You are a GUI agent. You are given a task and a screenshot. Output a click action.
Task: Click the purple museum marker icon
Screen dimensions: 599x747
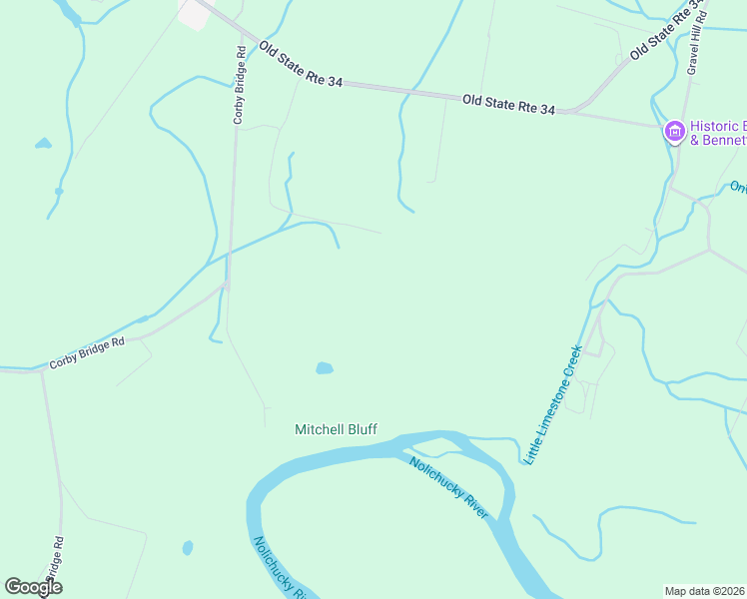pyautogui.click(x=674, y=131)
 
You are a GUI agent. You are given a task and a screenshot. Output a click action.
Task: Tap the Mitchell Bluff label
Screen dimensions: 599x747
pyautogui.click(x=336, y=430)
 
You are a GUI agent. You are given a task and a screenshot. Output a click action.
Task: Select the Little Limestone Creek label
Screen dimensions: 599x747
pyautogui.click(x=553, y=404)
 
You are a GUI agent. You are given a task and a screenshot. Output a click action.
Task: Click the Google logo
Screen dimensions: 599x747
pyautogui.click(x=34, y=587)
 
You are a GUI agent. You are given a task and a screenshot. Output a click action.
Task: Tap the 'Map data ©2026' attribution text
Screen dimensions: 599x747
pyautogui.click(x=704, y=590)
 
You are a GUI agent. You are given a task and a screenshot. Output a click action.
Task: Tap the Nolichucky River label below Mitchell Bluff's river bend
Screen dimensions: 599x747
pyautogui.click(x=449, y=487)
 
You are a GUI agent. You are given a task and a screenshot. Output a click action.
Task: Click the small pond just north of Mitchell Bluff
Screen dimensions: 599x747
pyautogui.click(x=325, y=368)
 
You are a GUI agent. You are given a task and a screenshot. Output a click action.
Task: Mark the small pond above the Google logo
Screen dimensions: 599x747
pyautogui.click(x=187, y=547)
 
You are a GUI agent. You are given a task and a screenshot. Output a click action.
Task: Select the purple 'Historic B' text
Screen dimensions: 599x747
pyautogui.click(x=718, y=126)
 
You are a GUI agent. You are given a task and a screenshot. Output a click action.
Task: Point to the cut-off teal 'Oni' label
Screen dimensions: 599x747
pyautogui.click(x=738, y=187)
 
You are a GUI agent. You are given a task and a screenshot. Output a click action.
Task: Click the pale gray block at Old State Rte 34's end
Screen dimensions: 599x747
pyautogui.click(x=192, y=12)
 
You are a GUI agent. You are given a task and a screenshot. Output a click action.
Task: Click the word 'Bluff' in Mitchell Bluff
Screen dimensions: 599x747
pyautogui.click(x=361, y=430)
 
